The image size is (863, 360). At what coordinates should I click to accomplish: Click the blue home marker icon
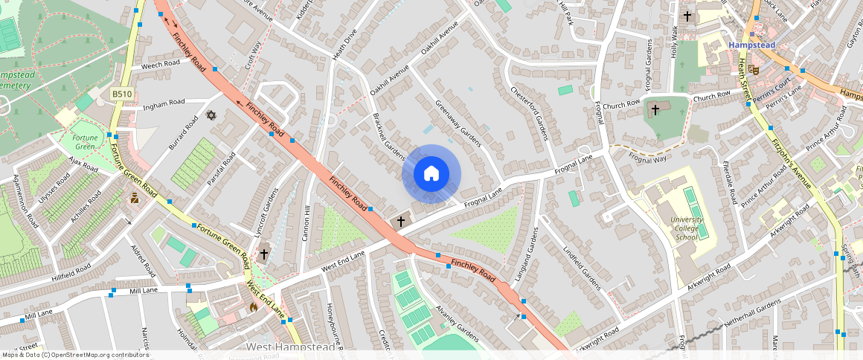click(x=431, y=174)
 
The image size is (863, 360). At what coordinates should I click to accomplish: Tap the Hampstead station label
click(x=751, y=45)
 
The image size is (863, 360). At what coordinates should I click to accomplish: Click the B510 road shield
click(x=121, y=94)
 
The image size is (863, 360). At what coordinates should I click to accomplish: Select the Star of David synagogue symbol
click(x=210, y=116)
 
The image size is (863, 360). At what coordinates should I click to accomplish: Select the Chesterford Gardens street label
click(x=528, y=112)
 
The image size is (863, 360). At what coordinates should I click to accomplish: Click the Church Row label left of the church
click(x=622, y=104)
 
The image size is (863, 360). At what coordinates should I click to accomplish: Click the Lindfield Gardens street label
click(x=582, y=269)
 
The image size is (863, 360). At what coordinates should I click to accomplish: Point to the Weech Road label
click(x=161, y=65)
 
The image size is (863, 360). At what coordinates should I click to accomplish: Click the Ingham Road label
click(x=164, y=103)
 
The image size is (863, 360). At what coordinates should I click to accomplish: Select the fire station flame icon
click(x=253, y=306)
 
